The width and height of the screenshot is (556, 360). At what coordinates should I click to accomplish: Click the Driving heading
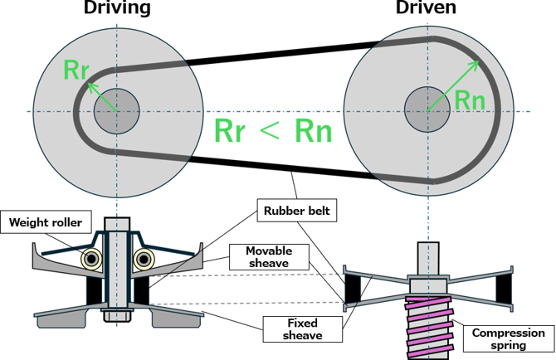pyautogui.click(x=116, y=9)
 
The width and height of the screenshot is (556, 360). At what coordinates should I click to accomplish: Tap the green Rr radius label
pyautogui.click(x=77, y=70)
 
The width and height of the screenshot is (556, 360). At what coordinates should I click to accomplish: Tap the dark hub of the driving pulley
pyautogui.click(x=116, y=110)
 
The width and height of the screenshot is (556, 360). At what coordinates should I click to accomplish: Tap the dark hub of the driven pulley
pyautogui.click(x=427, y=110)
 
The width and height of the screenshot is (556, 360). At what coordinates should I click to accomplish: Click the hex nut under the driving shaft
pyautogui.click(x=116, y=316)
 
